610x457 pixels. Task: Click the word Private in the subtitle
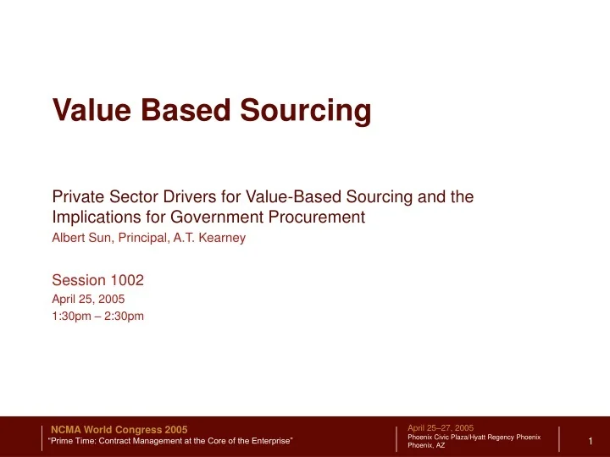77,197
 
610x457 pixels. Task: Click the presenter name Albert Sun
80,239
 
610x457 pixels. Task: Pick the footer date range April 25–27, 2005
441,428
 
